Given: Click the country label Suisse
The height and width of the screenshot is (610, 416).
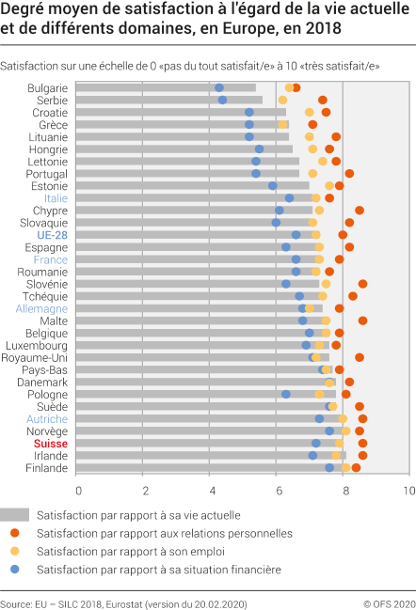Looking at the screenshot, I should coord(51,443).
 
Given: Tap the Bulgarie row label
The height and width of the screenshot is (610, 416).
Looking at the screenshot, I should coord(47,87).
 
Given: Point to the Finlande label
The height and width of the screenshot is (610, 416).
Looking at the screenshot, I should coord(46,467).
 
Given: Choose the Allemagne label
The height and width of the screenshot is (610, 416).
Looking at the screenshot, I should coord(41,308).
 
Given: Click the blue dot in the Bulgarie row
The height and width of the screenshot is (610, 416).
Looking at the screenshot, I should coord(219,87).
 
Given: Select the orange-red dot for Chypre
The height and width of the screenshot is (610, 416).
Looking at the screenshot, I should coord(360,211).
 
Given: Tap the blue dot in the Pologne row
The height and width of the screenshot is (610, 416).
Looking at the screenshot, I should coord(285,394).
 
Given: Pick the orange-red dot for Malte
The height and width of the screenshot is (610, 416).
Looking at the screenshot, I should coord(362,321).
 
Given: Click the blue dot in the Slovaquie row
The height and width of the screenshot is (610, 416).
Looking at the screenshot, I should coord(276,223).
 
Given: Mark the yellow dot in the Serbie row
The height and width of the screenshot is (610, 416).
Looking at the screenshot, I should coord(282,100).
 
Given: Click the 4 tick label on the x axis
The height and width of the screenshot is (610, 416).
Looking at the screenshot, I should coord(210,490).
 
